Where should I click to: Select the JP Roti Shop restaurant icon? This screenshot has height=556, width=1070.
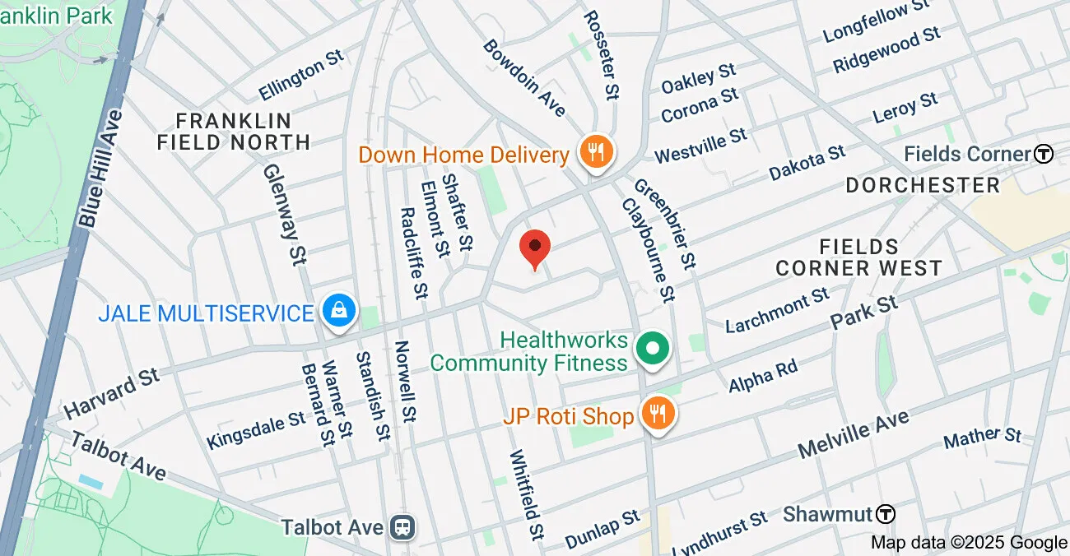click(657, 415)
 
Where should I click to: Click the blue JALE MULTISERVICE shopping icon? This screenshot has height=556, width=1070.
click(338, 312)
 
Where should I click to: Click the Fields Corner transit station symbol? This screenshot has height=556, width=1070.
click(1044, 154)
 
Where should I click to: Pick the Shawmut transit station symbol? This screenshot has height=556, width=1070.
click(885, 514)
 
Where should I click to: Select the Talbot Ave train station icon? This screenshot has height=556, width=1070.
click(404, 526)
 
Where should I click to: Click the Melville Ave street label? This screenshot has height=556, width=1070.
click(854, 435)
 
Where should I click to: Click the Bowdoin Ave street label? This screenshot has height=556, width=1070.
click(524, 77)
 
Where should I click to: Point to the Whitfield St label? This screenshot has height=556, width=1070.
click(528, 493)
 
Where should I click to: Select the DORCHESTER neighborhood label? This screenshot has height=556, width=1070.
click(923, 184)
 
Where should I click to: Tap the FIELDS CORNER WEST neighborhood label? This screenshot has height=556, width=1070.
click(858, 257)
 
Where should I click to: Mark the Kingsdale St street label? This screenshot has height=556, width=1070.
click(256, 431)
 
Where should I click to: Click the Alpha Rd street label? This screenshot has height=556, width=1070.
click(763, 375)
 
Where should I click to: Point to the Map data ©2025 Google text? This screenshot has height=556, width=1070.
click(969, 542)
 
